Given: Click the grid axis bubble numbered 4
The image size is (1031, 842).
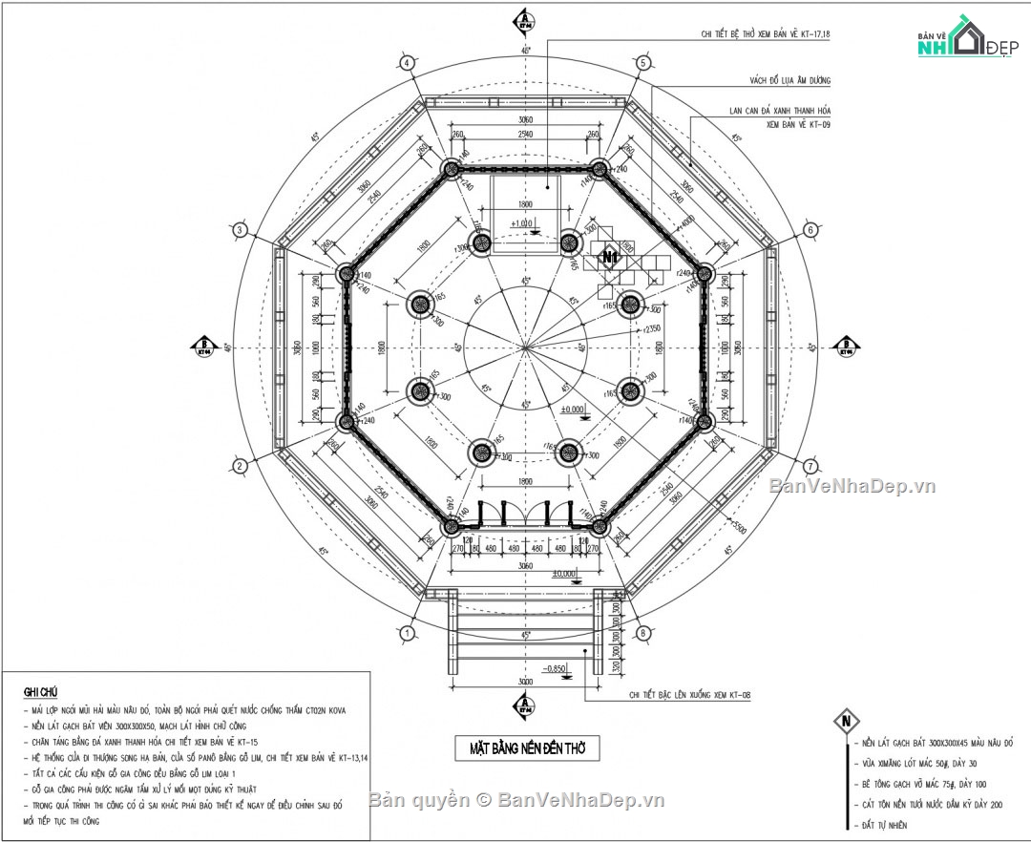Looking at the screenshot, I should tap(408, 63).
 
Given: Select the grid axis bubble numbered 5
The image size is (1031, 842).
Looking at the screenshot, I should tap(642, 63).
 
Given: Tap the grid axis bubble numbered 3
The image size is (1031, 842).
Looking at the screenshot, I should tap(241, 230).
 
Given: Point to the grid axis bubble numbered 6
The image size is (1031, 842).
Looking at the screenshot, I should tap(810, 230).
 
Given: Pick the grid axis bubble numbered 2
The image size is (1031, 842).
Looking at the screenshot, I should tap(241, 465).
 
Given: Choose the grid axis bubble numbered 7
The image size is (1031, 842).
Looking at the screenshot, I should tap(810, 466).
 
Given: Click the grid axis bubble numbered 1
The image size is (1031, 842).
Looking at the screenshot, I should tap(408, 633).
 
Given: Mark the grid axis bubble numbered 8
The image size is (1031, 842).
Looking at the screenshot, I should tap(642, 633).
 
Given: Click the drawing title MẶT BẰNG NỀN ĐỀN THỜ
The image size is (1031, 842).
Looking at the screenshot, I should tap(527, 748).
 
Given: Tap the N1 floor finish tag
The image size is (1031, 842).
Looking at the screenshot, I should tap(609, 257).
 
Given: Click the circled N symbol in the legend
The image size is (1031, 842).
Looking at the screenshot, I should tap(845, 721).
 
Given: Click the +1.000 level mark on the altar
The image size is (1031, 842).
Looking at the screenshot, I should tap(523, 224).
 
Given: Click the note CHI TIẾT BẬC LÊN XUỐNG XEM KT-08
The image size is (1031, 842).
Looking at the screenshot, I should tap(686, 697).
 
